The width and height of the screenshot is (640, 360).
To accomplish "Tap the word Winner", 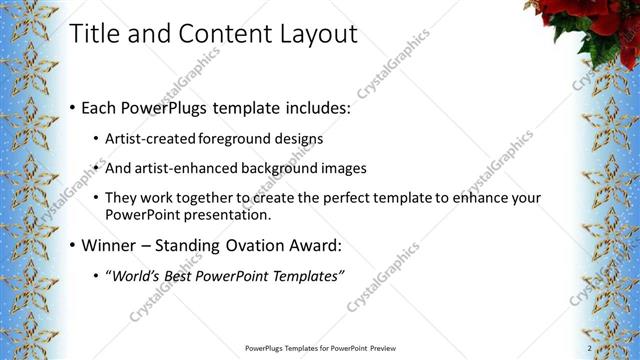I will tap(111, 245).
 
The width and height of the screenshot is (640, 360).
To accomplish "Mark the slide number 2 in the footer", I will tap(589, 348).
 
